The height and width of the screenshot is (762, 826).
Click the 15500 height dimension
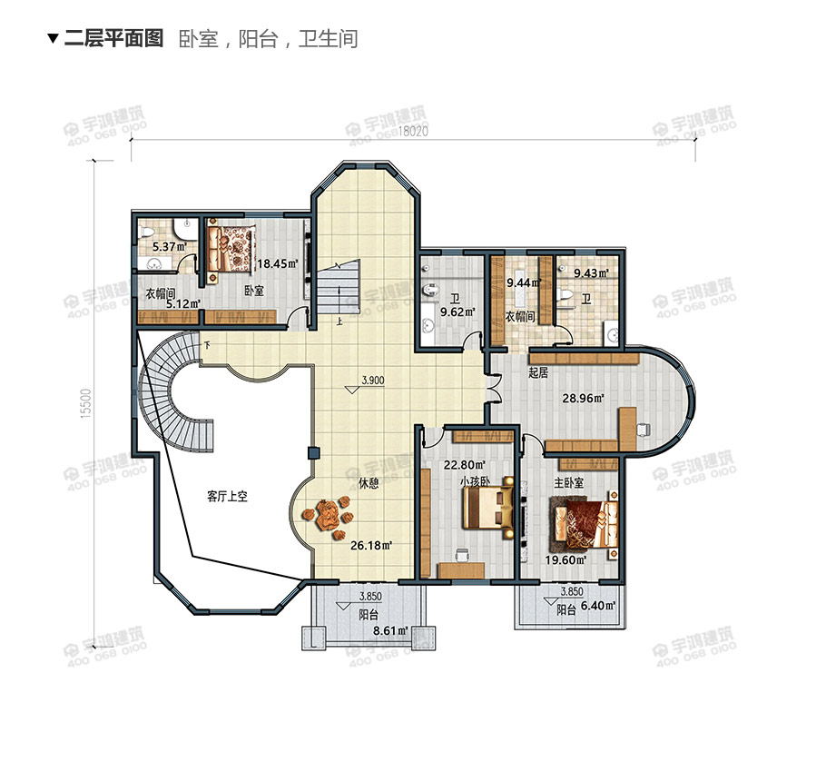tap(87, 403)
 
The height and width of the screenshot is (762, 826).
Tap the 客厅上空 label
tap(227, 497)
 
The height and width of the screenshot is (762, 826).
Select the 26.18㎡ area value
tap(372, 546)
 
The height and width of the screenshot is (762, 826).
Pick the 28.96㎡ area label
tap(583, 399)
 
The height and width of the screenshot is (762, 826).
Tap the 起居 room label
tap(538, 372)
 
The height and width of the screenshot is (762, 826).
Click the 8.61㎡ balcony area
tap(390, 631)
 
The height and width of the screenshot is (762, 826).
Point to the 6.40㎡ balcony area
tap(598, 606)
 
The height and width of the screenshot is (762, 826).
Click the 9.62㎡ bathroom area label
tap(457, 312)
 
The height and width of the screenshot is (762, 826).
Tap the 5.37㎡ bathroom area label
tap(170, 247)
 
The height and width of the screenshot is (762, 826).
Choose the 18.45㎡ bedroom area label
tap(278, 263)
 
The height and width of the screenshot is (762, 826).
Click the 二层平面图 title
tap(113, 38)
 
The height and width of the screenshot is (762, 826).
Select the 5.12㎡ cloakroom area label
tap(184, 304)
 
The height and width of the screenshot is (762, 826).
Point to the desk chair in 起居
tap(643, 430)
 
